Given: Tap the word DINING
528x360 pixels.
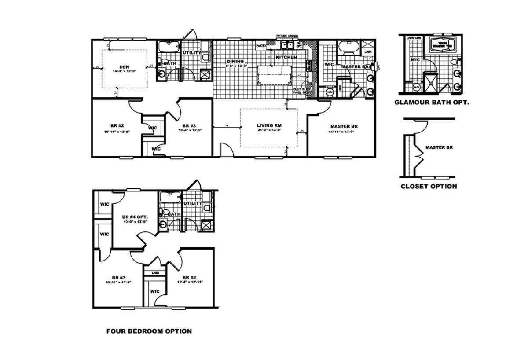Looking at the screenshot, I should pos(235,61).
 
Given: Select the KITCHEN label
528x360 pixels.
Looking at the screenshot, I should pos(286,58).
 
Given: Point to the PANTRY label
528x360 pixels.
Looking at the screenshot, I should pos(261,45).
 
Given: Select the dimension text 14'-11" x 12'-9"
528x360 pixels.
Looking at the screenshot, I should pos(344,131).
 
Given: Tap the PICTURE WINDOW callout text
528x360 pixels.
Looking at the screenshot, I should pos(288,36).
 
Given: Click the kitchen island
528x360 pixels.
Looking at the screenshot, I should pos(275,74).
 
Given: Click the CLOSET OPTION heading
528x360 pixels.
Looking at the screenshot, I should pos(429,186).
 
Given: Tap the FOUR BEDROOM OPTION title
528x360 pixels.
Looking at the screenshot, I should pos(149,331).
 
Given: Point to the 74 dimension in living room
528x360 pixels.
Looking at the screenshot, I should pos(227,126).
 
